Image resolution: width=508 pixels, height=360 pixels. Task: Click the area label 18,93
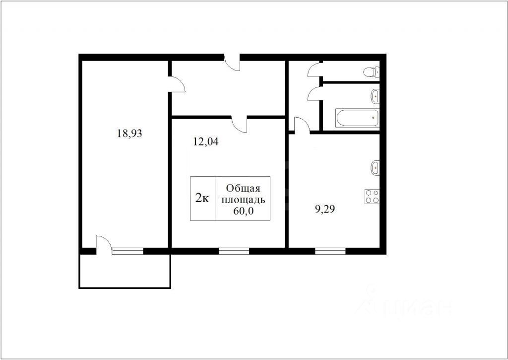(x=129, y=133)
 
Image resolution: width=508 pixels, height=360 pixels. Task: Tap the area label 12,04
(x=206, y=142)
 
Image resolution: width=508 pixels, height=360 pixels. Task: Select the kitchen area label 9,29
(x=324, y=209)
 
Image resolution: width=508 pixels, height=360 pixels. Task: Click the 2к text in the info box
(x=202, y=198)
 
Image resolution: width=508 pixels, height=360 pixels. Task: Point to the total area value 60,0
(x=243, y=211)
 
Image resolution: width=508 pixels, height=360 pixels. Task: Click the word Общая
(x=243, y=188)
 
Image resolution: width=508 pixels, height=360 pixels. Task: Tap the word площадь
(x=243, y=200)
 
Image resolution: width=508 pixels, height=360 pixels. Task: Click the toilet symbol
(x=371, y=72)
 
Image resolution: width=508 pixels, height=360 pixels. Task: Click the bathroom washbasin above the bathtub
(x=375, y=96)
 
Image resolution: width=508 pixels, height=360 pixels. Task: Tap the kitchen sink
(x=375, y=168)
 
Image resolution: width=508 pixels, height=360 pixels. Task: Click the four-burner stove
(x=372, y=196)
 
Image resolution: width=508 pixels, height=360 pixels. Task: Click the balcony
(x=125, y=271)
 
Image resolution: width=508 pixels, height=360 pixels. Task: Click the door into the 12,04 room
(x=240, y=124)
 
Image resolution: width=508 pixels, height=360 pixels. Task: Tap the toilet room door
(x=315, y=70)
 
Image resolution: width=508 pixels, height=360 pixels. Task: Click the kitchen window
(x=330, y=251)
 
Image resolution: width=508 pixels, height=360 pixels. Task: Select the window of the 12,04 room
(x=234, y=251)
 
